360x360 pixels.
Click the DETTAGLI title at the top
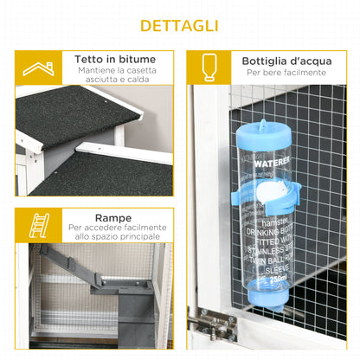180,25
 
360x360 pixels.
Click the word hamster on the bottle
260,221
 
